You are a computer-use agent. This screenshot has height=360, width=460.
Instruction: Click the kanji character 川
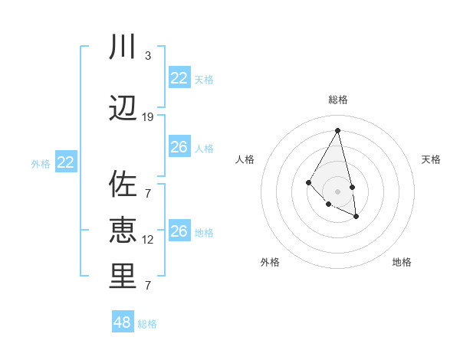point(123,47)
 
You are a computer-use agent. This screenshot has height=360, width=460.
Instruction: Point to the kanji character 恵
point(123,231)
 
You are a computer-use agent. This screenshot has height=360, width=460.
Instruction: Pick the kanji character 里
point(123,277)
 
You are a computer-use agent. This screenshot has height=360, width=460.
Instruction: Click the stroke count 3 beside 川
point(148,56)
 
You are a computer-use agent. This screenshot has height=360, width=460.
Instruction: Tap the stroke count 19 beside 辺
point(148,117)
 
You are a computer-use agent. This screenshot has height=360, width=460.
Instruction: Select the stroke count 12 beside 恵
point(148,240)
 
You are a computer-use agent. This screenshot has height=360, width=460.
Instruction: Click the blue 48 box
point(123,322)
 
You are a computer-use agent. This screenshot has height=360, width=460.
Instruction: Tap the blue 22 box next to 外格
point(66,162)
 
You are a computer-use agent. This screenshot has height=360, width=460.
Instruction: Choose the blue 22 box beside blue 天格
point(179,78)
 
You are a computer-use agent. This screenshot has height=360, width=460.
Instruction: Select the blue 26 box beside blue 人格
point(179,147)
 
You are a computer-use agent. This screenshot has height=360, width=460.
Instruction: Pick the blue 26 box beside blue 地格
point(179,231)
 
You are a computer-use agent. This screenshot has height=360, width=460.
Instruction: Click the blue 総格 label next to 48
point(147,324)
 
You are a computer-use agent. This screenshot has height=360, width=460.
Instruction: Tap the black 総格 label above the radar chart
point(337,100)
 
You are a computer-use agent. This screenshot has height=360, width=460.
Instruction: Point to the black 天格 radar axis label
point(431,159)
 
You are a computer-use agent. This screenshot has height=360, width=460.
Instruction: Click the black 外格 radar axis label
point(270,262)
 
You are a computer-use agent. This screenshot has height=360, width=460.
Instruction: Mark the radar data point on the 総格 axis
point(337,130)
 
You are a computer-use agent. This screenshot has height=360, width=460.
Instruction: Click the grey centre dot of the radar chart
point(337,191)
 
